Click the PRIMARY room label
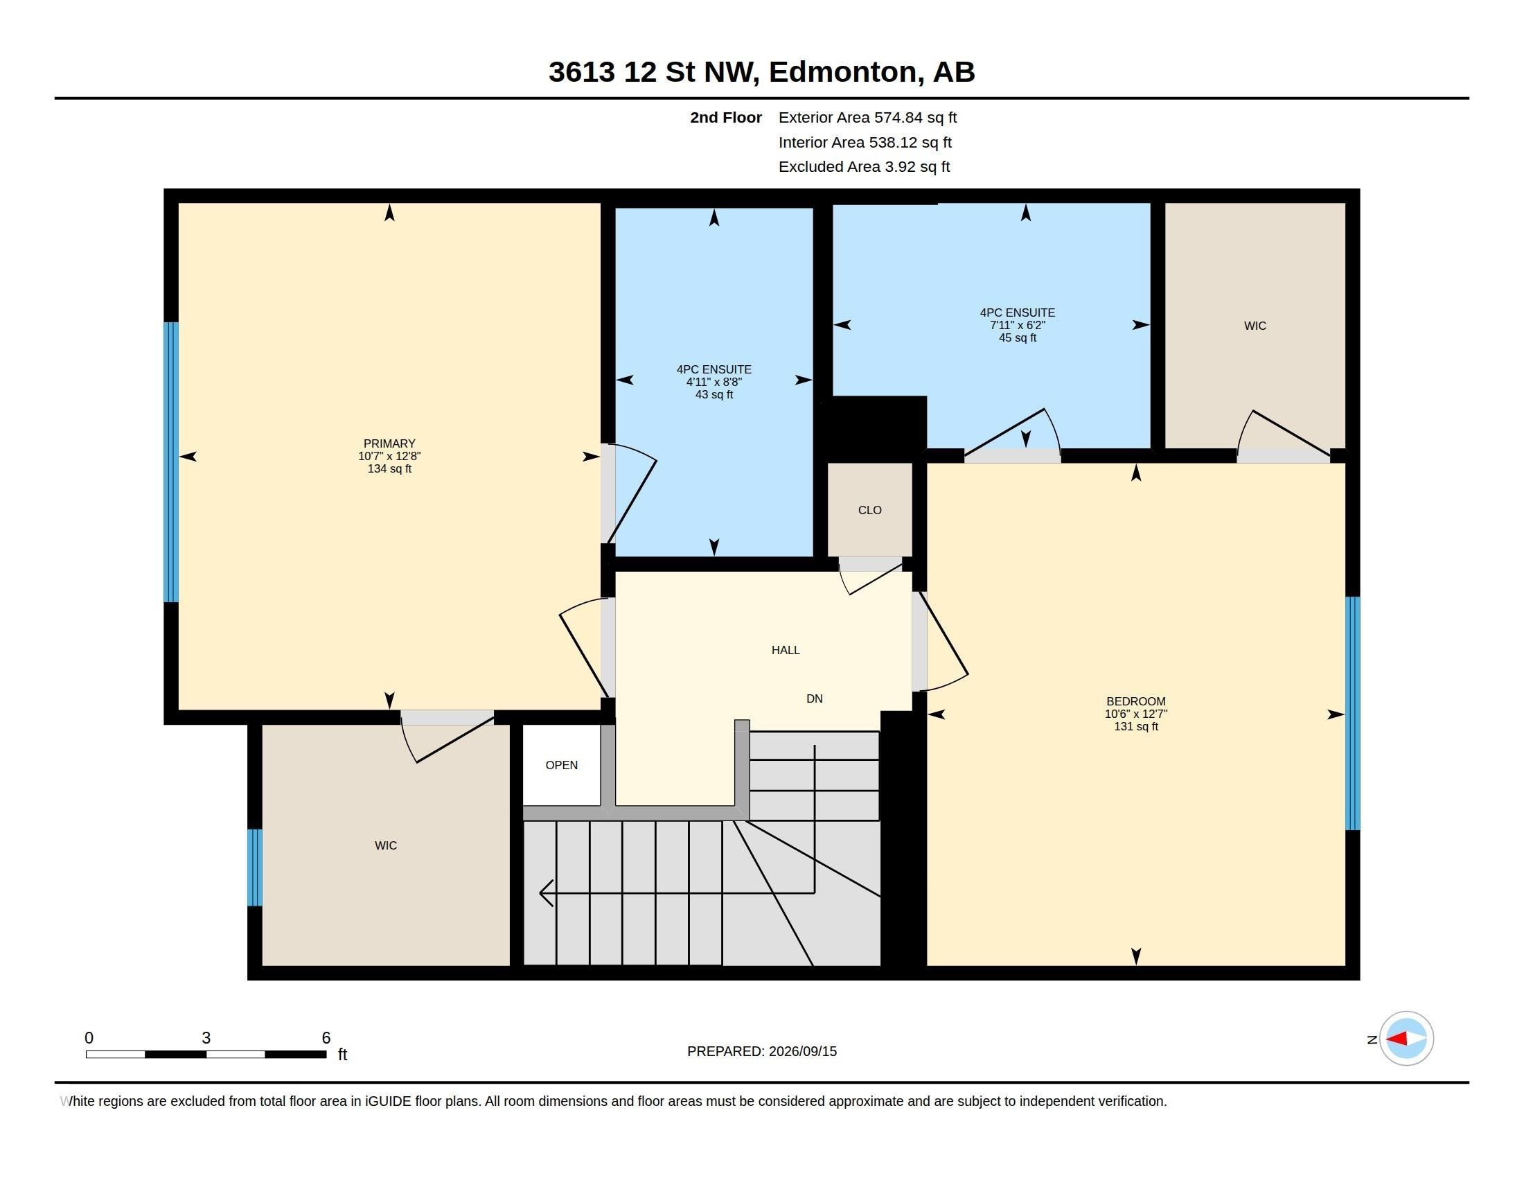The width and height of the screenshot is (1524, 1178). tap(389, 444)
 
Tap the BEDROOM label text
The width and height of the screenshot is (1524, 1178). tap(1136, 701)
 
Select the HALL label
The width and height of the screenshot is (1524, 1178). tap(786, 651)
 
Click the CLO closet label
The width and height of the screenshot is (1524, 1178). tap(869, 510)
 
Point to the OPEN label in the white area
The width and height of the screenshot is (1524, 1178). tap(562, 766)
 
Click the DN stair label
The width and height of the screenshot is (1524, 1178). tap(815, 698)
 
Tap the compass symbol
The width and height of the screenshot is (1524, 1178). tap(1406, 1039)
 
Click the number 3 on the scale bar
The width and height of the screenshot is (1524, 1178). tap(206, 1038)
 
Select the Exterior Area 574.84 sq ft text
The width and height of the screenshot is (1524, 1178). tap(867, 118)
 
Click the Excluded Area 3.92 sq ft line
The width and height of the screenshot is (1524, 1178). tap(864, 167)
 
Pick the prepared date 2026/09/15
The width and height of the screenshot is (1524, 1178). tap(802, 1051)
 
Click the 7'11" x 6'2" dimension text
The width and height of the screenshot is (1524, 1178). tap(1018, 325)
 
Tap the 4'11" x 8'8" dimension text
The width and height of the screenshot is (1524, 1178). tap(714, 383)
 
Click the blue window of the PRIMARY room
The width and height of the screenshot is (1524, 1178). tap(171, 462)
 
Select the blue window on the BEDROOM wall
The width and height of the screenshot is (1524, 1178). tap(1352, 713)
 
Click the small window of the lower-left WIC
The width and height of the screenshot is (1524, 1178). tap(255, 868)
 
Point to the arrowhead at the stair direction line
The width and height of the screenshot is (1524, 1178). tap(547, 893)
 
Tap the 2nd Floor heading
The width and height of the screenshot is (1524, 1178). tap(726, 118)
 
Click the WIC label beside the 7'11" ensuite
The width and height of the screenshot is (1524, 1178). tap(1255, 326)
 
